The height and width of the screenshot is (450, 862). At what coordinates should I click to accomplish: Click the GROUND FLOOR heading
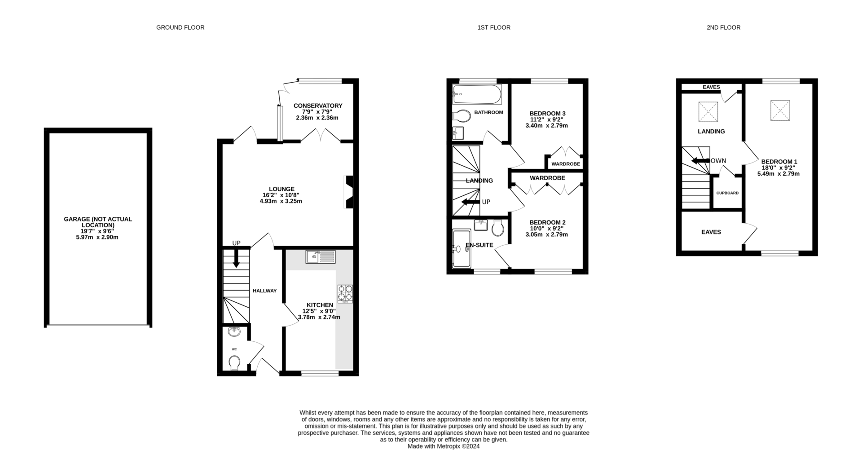pyautogui.click(x=180, y=27)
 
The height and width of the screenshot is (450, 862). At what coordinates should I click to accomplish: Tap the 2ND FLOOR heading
pyautogui.click(x=723, y=27)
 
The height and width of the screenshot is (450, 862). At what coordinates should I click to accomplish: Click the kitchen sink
pyautogui.click(x=321, y=257)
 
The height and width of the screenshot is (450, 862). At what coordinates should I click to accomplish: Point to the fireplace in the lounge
pyautogui.click(x=348, y=192)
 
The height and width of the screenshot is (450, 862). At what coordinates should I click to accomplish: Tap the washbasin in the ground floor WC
pyautogui.click(x=234, y=332)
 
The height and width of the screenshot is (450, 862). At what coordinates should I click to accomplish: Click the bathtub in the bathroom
pyautogui.click(x=477, y=94)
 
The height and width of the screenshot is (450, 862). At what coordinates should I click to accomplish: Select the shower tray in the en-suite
pyautogui.click(x=461, y=248)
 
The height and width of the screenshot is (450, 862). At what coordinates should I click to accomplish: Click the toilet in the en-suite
pyautogui.click(x=497, y=228)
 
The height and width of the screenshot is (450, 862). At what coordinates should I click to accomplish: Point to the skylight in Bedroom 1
pyautogui.click(x=780, y=110)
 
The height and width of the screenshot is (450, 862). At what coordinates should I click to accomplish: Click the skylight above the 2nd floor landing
pyautogui.click(x=708, y=112)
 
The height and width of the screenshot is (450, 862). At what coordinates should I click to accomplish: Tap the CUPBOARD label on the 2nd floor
pyautogui.click(x=727, y=193)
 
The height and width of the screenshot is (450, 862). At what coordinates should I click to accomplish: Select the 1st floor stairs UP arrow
pyautogui.click(x=470, y=202)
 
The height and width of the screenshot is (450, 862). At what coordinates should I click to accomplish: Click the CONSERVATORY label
pyautogui.click(x=318, y=106)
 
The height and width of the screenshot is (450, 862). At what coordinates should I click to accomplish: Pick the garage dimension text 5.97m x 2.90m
pyautogui.click(x=97, y=237)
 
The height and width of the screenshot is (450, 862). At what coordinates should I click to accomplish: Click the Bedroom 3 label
pyautogui.click(x=547, y=114)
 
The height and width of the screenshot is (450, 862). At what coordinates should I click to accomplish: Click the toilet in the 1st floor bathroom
pyautogui.click(x=461, y=116)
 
